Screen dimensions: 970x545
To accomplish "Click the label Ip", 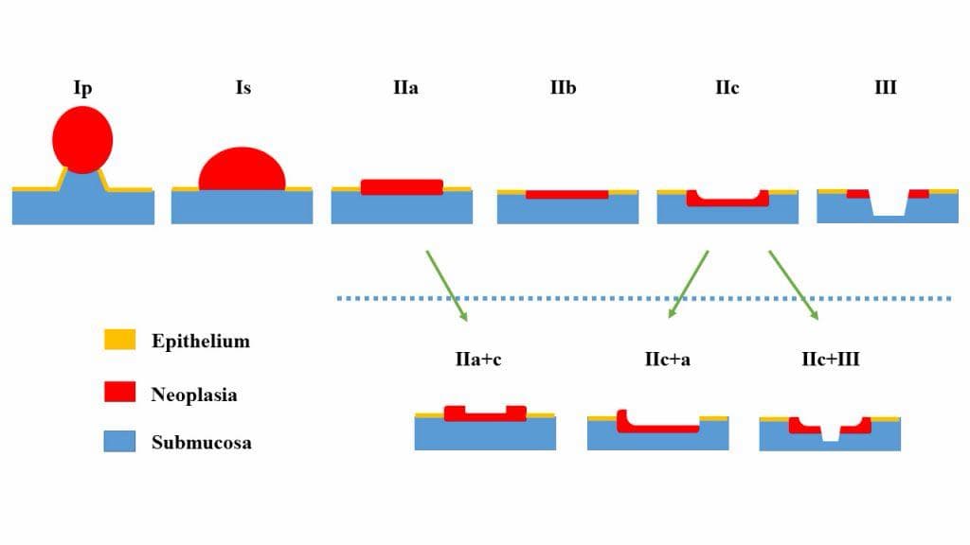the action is [x=83, y=89].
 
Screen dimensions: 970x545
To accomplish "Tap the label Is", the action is [x=243, y=88].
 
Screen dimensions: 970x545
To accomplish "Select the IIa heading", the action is [x=405, y=88].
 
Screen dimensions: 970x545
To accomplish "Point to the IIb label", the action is [x=563, y=88].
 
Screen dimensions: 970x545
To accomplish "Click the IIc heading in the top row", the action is [x=727, y=88].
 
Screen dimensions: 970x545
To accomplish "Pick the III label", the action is [x=886, y=87].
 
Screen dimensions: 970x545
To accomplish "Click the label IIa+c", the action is [x=478, y=359].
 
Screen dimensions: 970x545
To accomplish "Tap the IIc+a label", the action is [x=668, y=359].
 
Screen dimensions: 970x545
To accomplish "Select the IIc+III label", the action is [x=830, y=359].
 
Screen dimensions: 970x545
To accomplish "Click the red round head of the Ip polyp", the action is [x=82, y=140].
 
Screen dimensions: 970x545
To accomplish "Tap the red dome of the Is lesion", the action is [x=242, y=169].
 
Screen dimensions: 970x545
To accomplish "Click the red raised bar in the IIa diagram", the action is [x=402, y=187].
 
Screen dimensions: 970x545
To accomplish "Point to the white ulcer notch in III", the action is [x=889, y=206].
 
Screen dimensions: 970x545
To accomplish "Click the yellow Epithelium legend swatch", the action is [x=119, y=340].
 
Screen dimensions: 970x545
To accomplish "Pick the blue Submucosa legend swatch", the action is [x=119, y=441].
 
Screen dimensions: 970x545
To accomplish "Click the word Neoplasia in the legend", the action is [x=194, y=395].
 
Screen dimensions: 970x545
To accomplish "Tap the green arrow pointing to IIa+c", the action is [x=447, y=286].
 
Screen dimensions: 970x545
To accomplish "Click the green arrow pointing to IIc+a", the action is [x=688, y=284].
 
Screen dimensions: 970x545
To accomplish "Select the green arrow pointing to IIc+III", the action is [x=794, y=285].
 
